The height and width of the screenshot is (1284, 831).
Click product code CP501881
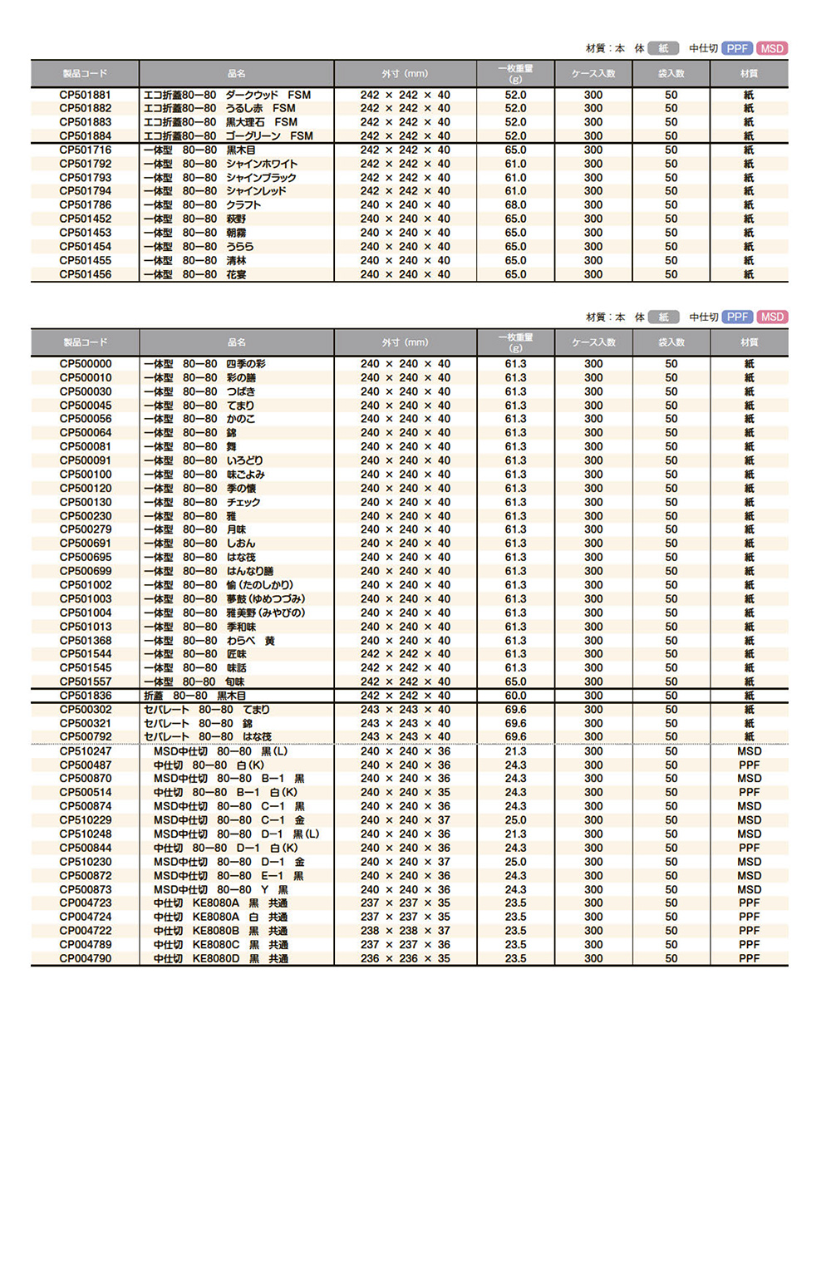click(x=85, y=95)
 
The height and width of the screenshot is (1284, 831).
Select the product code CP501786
click(x=85, y=205)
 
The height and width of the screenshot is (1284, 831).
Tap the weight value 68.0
click(x=515, y=205)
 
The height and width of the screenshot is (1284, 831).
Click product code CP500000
click(x=85, y=364)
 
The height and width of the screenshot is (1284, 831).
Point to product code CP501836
click(x=85, y=696)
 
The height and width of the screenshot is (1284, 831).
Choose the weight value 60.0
click(x=515, y=696)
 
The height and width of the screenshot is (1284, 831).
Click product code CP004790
click(x=85, y=958)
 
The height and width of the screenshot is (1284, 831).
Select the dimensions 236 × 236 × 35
click(x=406, y=958)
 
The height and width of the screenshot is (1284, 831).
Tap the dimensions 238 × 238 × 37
click(x=406, y=931)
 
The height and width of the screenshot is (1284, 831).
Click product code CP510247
click(x=85, y=751)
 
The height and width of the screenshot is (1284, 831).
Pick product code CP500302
click(x=85, y=710)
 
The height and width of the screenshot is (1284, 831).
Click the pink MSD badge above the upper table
click(x=772, y=48)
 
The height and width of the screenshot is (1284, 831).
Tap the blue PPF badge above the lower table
click(x=737, y=317)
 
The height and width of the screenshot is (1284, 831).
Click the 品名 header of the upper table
click(x=237, y=73)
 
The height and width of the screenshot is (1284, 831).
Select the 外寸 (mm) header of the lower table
click(x=406, y=342)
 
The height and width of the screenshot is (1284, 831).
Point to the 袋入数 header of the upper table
click(x=671, y=73)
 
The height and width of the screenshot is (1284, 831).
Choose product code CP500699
click(x=85, y=571)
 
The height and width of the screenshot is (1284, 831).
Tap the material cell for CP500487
click(x=749, y=765)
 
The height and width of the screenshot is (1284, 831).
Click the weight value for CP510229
click(x=515, y=820)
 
